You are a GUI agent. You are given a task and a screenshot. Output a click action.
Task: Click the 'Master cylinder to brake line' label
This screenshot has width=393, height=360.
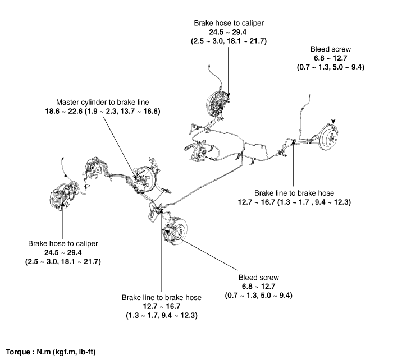[x=107, y=103]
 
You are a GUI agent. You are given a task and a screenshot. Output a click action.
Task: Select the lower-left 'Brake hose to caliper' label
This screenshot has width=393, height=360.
[x=62, y=244]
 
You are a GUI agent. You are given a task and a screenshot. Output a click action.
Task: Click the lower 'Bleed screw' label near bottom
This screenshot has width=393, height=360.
[x=258, y=278]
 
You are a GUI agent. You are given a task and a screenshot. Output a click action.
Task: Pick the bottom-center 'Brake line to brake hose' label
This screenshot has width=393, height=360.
[x=161, y=297]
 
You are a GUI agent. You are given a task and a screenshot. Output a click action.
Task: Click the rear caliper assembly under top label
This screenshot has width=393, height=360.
[x=214, y=103]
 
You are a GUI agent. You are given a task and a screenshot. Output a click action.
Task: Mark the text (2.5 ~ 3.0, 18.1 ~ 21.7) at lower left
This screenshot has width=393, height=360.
[x=62, y=262]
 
